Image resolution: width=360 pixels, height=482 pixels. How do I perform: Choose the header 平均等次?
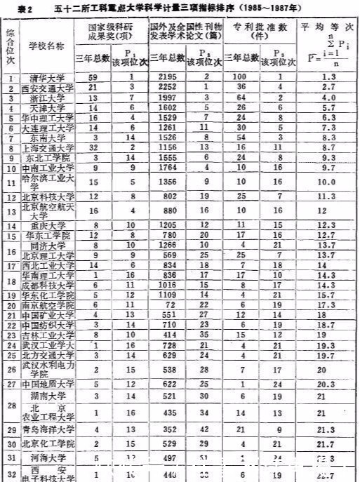pos(327,27)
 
